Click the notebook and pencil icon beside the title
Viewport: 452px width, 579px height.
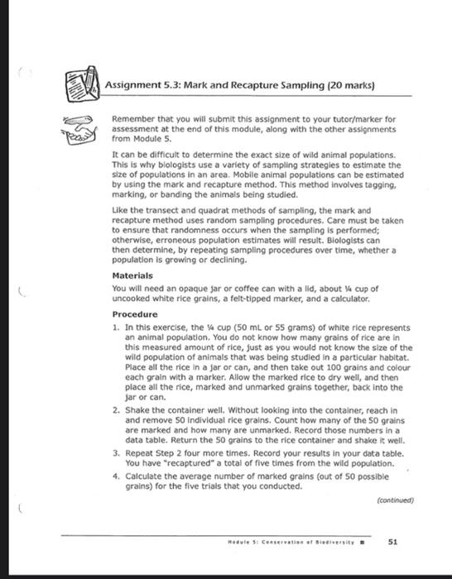click(82, 84)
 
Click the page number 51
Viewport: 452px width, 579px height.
click(394, 543)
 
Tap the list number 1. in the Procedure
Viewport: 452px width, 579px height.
click(115, 328)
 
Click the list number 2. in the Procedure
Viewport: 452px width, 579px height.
click(115, 409)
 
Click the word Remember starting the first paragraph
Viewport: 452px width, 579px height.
click(133, 120)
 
